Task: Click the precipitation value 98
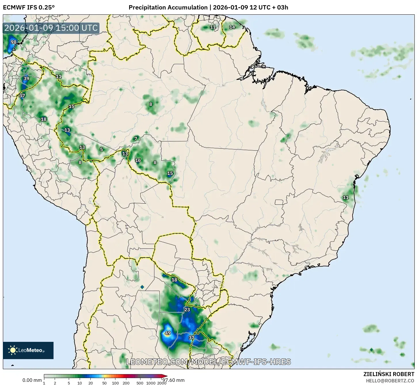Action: pos(14,42)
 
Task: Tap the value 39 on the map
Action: pos(26,78)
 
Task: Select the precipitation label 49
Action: pos(167,333)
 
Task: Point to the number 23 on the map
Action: pos(187,310)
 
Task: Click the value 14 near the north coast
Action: pos(232,27)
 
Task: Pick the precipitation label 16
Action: pos(138,160)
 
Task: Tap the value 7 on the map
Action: pos(136,139)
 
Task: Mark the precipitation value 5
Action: pos(101,149)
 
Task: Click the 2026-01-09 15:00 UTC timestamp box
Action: pos(51,28)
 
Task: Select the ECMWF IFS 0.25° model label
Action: pos(29,7)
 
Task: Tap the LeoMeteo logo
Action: pos(28,350)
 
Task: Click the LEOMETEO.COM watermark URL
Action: pos(208,362)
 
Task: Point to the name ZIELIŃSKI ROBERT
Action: pos(389,374)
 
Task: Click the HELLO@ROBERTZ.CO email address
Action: pos(390,380)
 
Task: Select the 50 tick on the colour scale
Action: pos(104,383)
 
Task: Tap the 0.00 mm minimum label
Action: pos(32,380)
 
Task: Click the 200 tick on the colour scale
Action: pos(126,383)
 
